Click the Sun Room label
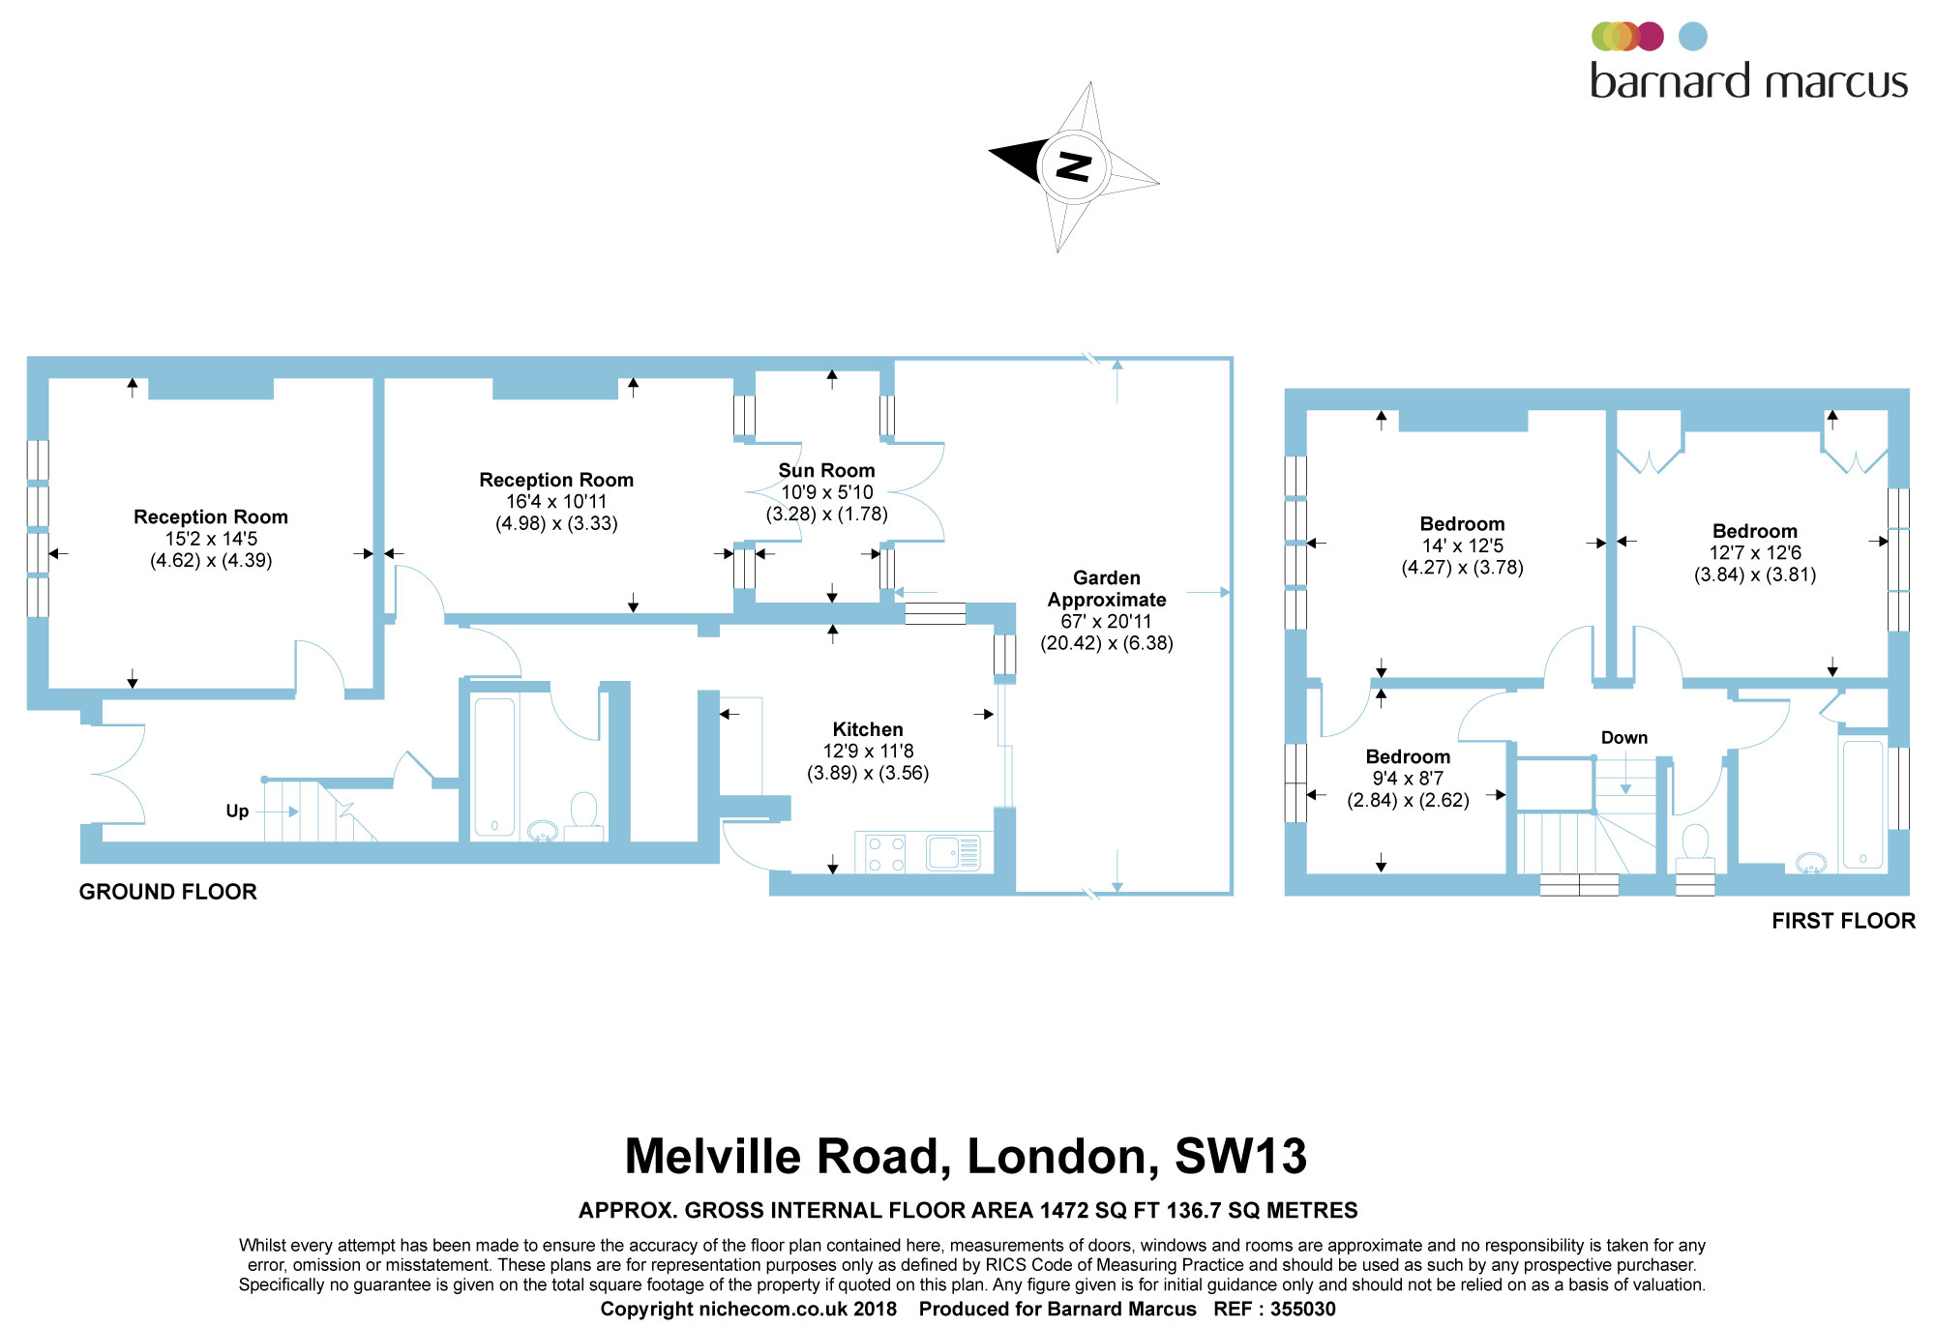click(826, 471)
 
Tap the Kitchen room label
click(868, 729)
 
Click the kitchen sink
click(953, 853)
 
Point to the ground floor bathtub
click(494, 767)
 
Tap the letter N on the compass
click(1073, 166)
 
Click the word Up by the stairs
click(237, 811)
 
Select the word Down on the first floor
click(1623, 738)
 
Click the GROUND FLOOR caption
click(168, 892)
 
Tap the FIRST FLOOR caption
click(1843, 921)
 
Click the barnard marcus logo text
click(1748, 81)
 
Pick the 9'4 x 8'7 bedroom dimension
click(1408, 779)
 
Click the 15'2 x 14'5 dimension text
click(211, 539)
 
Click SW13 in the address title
click(1240, 1157)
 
